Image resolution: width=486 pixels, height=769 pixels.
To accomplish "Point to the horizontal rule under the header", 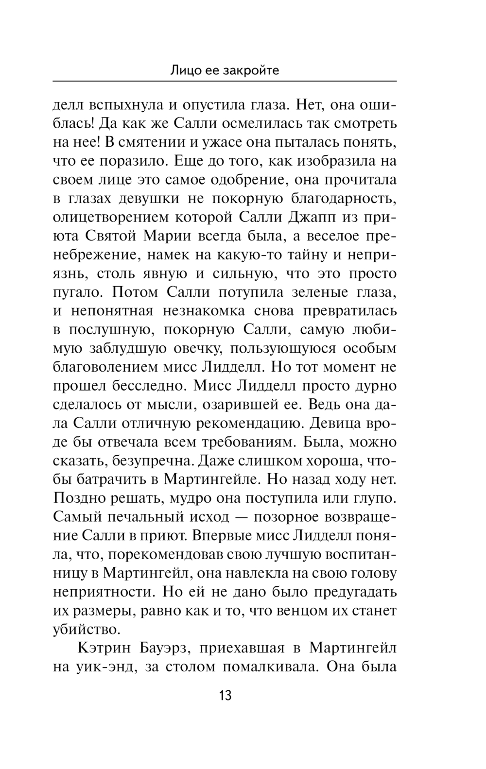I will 225,81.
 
